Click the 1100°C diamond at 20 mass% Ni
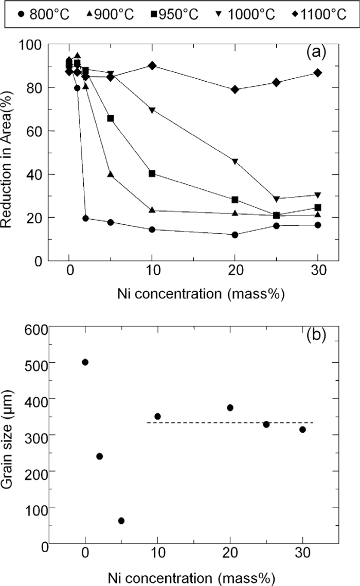coord(235,90)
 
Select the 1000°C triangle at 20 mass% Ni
coord(235,162)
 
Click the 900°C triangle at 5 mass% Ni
coord(110,174)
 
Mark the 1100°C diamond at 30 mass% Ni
coord(318,73)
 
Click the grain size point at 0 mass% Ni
coord(85,362)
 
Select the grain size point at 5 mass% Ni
coord(121,521)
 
